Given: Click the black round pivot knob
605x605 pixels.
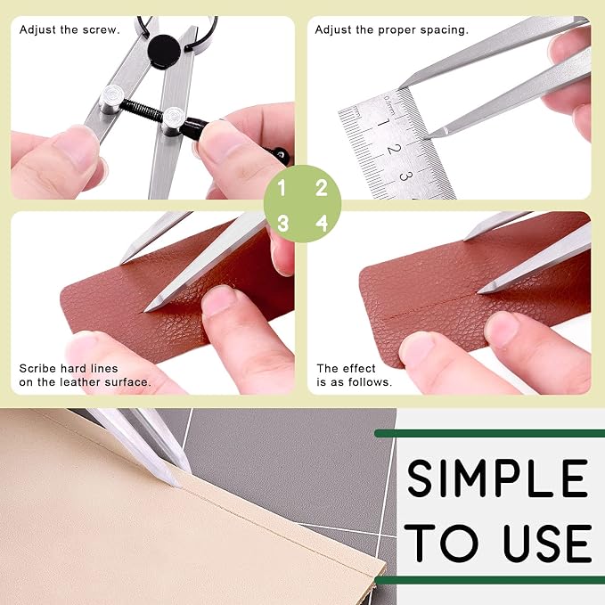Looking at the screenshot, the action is tap(164, 52).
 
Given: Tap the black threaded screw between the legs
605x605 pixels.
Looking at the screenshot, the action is tap(142, 110).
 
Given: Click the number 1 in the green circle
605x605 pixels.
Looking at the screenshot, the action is tap(282, 188).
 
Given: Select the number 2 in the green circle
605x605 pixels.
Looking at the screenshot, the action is tap(322, 188).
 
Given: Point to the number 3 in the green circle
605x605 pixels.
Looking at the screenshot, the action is tap(282, 224).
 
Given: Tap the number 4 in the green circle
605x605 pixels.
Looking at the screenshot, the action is tap(322, 224).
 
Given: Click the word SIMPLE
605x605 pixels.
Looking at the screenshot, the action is tap(497, 478).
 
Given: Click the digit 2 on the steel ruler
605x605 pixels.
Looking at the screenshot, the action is tap(394, 149).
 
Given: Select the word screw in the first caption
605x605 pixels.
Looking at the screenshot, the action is tap(105, 30).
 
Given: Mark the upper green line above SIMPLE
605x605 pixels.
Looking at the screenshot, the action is tap(490, 433).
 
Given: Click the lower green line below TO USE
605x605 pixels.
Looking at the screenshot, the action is tap(490, 580).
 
